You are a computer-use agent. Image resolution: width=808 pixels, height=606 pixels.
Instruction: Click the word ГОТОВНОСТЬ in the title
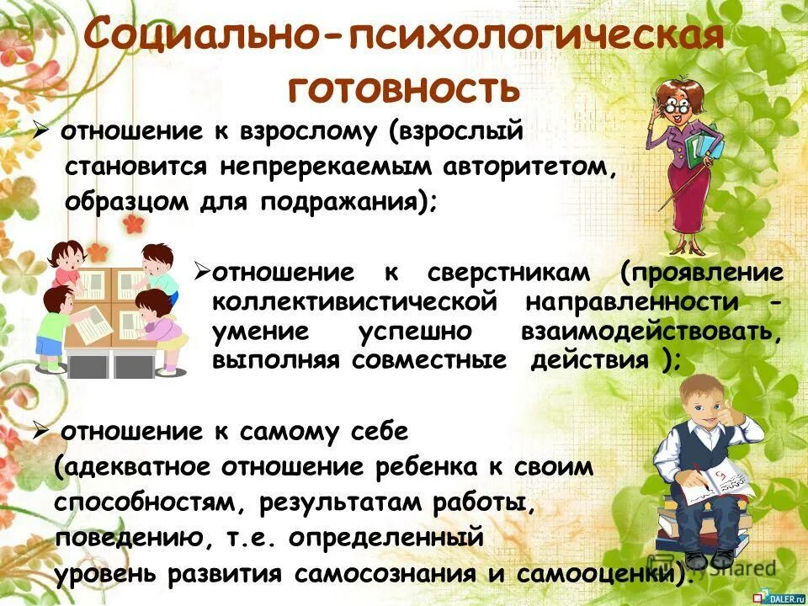[403, 87]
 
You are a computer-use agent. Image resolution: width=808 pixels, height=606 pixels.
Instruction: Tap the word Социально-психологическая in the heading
[404, 38]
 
